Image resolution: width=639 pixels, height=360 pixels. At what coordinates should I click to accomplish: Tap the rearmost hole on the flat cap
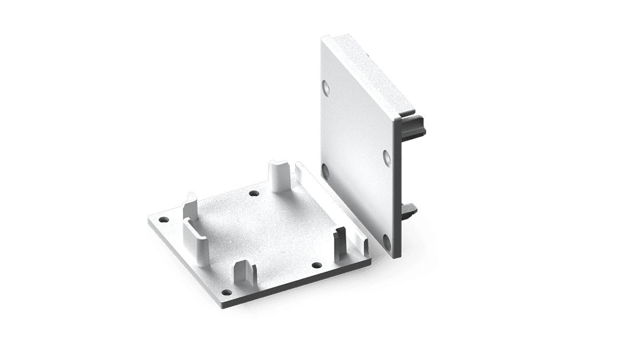pos(254,193)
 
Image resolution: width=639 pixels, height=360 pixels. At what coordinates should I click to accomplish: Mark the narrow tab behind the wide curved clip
pos(191,204)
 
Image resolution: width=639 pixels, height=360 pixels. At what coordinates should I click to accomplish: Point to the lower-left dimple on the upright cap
pos(325,172)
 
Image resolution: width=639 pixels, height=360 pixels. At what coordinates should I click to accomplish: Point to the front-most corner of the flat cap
pos(225,304)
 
